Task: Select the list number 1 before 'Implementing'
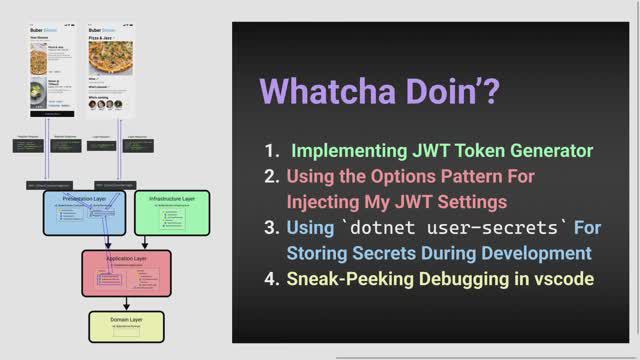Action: (271, 151)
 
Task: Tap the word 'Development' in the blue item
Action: (532, 253)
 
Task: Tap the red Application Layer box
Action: (126, 272)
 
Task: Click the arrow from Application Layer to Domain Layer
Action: (126, 303)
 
